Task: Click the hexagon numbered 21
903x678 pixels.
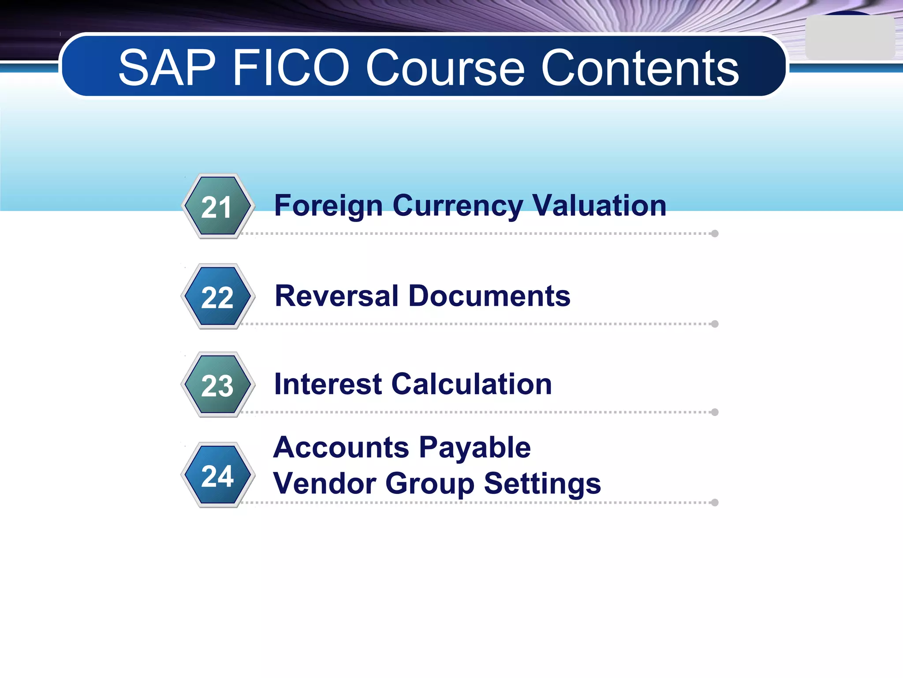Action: click(218, 206)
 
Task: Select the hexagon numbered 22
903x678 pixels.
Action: click(218, 296)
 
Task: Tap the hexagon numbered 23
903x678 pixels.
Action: click(218, 384)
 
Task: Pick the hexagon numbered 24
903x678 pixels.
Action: click(218, 475)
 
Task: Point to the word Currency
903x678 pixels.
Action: click(458, 206)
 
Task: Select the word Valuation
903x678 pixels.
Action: click(599, 206)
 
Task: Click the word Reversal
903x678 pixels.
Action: click(337, 296)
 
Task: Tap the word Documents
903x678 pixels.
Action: click(489, 296)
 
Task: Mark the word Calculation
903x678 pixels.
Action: click(471, 384)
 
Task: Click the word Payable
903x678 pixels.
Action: click(475, 448)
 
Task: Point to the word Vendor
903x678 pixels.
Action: click(325, 483)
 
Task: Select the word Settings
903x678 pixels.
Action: click(542, 483)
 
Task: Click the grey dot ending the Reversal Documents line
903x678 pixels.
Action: click(715, 324)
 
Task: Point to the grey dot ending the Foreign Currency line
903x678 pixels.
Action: click(715, 234)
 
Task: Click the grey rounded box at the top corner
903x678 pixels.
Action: click(850, 38)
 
